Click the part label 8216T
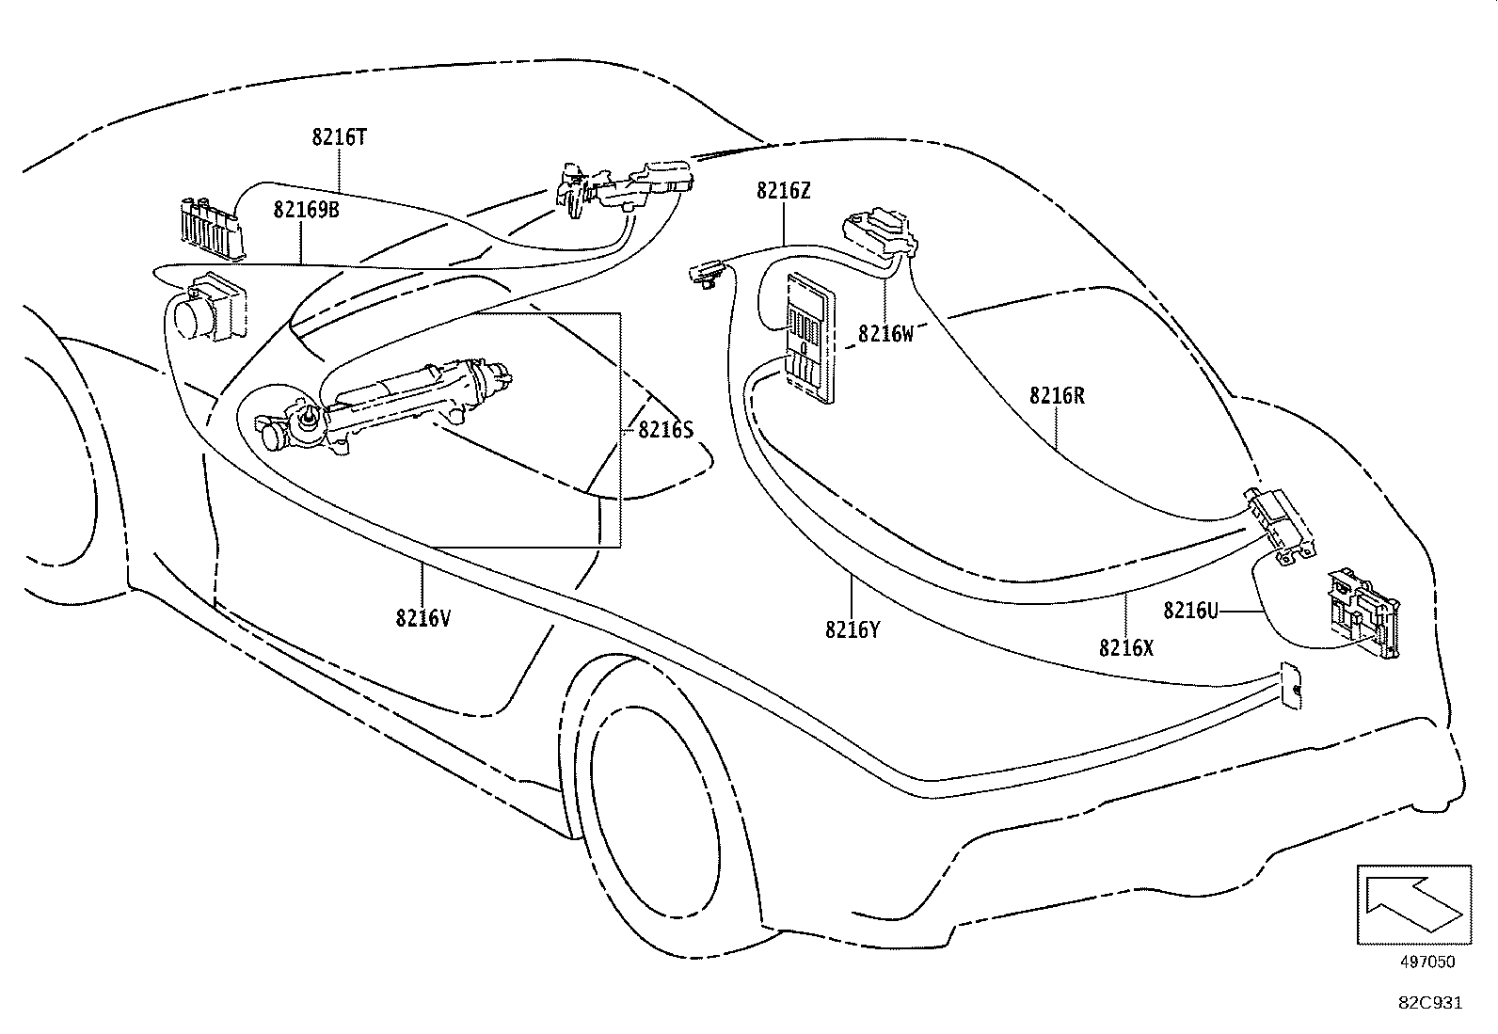point(339,137)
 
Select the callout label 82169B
point(307,209)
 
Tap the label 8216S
point(665,430)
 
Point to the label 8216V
point(423,618)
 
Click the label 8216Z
point(783,191)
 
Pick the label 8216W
point(885,334)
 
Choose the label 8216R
point(1057,396)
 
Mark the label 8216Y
point(853,629)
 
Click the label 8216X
point(1126,648)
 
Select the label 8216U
point(1190,611)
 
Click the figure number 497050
point(1426,962)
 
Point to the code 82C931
point(1429,1003)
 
